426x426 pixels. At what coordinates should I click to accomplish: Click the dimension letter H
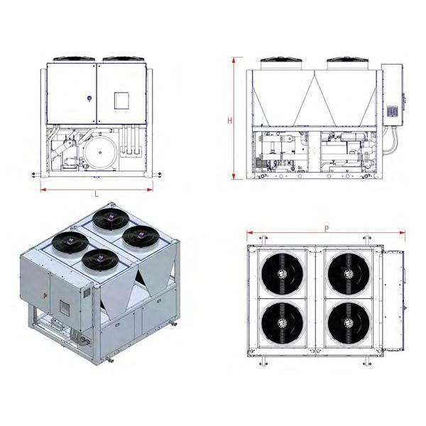tap(230, 121)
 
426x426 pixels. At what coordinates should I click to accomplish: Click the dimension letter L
tap(97, 194)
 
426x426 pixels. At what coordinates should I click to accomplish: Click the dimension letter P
tap(327, 229)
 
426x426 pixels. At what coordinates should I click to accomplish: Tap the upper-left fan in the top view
tap(283, 273)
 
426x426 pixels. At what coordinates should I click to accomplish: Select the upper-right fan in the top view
tap(349, 273)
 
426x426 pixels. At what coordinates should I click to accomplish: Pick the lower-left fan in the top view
tap(283, 323)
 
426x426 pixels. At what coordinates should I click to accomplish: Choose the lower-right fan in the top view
tap(349, 323)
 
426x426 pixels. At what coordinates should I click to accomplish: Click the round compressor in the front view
tap(100, 153)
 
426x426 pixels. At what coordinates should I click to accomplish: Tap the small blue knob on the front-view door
tap(89, 99)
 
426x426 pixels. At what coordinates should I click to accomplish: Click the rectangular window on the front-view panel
tap(121, 101)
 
